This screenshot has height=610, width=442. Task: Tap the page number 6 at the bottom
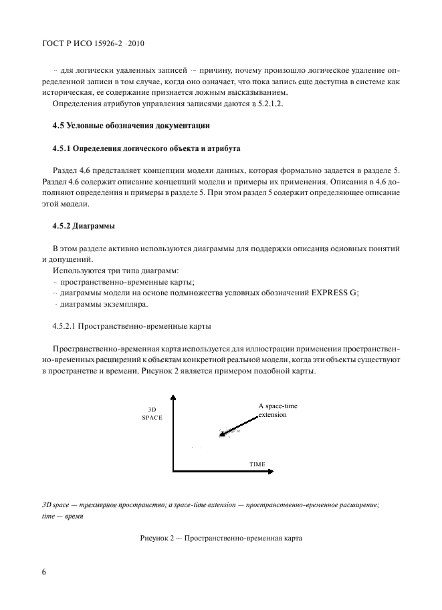tap(44, 572)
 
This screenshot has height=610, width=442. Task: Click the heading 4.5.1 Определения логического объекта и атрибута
tap(146, 148)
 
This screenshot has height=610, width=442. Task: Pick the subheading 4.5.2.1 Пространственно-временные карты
tap(132, 327)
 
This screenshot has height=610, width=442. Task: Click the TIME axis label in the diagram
tap(257, 464)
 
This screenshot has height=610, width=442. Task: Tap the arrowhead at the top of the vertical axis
tap(174, 398)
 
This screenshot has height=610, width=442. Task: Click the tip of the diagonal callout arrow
tap(220, 436)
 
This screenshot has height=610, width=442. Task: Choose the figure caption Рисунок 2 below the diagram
tap(221, 538)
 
